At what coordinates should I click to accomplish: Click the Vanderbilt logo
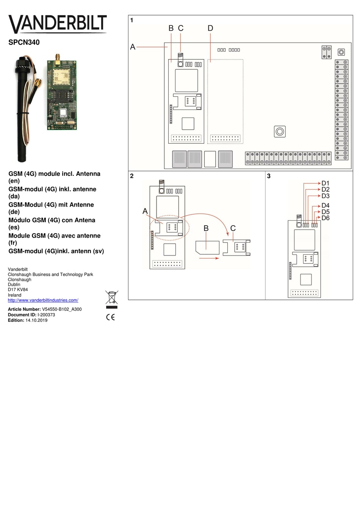[58, 24]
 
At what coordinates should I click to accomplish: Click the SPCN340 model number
[24, 42]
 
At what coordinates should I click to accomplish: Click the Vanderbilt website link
[43, 300]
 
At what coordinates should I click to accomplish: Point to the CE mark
[110, 317]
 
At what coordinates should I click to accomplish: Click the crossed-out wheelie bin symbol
[112, 298]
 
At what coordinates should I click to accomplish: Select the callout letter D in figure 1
[210, 28]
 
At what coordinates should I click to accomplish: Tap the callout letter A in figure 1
[133, 47]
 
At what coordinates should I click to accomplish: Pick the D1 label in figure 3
[326, 183]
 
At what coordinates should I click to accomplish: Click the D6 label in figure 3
[326, 218]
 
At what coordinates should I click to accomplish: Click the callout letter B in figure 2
[206, 228]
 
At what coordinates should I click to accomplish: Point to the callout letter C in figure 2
[233, 228]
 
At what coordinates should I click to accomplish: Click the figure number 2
[132, 176]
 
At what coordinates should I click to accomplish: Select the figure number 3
[269, 176]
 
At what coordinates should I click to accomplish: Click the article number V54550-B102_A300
[62, 309]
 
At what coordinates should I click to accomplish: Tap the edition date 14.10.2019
[36, 320]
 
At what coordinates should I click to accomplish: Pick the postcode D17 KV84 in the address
[18, 290]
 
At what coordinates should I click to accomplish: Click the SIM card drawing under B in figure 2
[208, 248]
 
